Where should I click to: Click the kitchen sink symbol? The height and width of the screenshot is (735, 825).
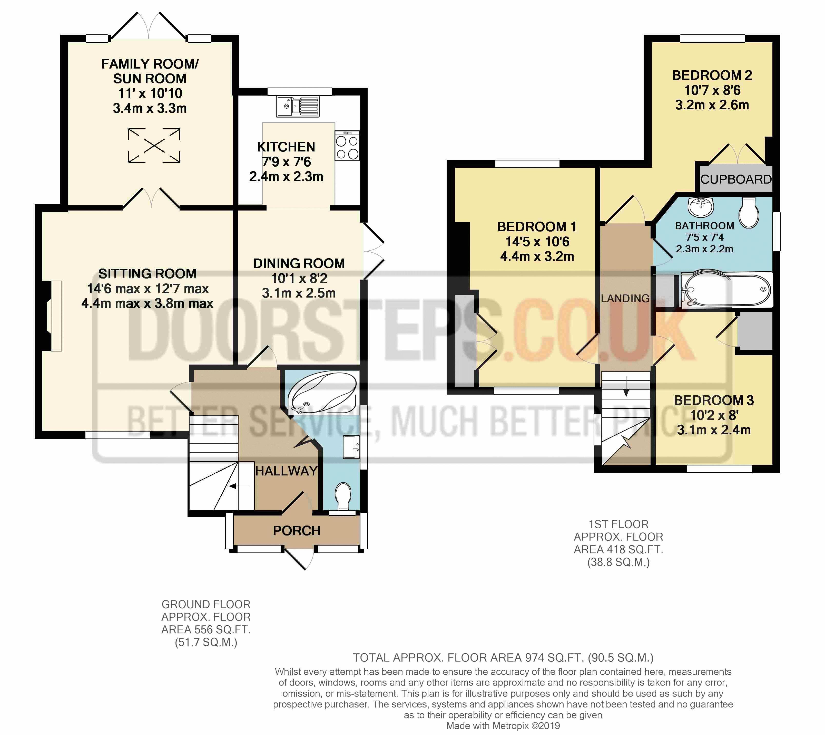[x=298, y=106]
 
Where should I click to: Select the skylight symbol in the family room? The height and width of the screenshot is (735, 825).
[x=154, y=145]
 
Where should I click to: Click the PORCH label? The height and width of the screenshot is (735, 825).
[x=297, y=531]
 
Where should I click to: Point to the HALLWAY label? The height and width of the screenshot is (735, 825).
[x=286, y=471]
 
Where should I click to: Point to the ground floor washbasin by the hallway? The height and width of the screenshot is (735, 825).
[x=351, y=447]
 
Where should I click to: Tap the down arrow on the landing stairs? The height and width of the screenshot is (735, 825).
[x=626, y=386]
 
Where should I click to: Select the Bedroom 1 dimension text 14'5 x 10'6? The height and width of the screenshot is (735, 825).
[x=537, y=242]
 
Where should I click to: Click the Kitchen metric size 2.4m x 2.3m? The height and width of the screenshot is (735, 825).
[x=286, y=176]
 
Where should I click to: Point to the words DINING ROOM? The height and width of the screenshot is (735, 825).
[x=299, y=263]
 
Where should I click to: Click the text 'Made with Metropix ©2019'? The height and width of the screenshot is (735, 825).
[x=503, y=726]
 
